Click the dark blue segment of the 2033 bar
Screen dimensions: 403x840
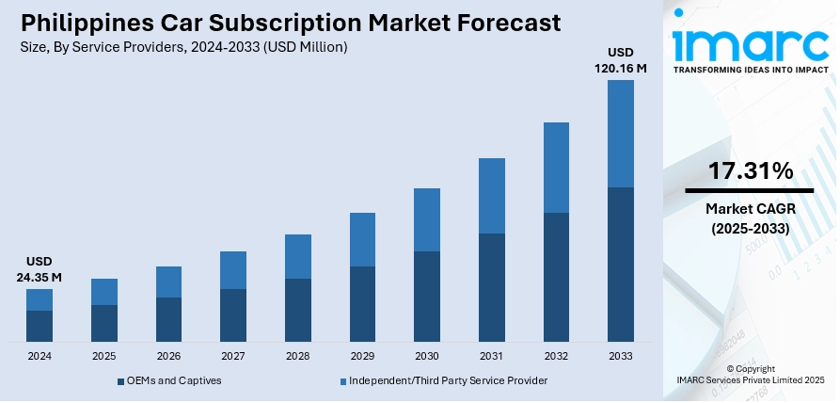click(620, 264)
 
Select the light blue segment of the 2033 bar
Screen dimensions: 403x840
click(620, 134)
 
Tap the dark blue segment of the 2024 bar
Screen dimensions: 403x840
click(40, 326)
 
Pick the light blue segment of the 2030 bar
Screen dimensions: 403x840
click(427, 219)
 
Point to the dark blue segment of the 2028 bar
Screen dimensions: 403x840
click(297, 310)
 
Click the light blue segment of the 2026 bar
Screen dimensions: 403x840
click(168, 282)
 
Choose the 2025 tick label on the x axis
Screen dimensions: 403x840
click(104, 356)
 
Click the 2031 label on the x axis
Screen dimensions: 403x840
click(491, 356)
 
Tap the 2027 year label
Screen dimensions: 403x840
click(233, 356)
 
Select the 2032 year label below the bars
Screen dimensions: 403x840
click(556, 356)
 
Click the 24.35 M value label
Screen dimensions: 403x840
click(39, 277)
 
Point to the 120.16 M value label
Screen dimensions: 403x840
click(620, 68)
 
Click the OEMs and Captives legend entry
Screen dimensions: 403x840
click(175, 380)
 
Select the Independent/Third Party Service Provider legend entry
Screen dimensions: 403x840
click(448, 380)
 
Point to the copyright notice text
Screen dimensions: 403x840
click(751, 375)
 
